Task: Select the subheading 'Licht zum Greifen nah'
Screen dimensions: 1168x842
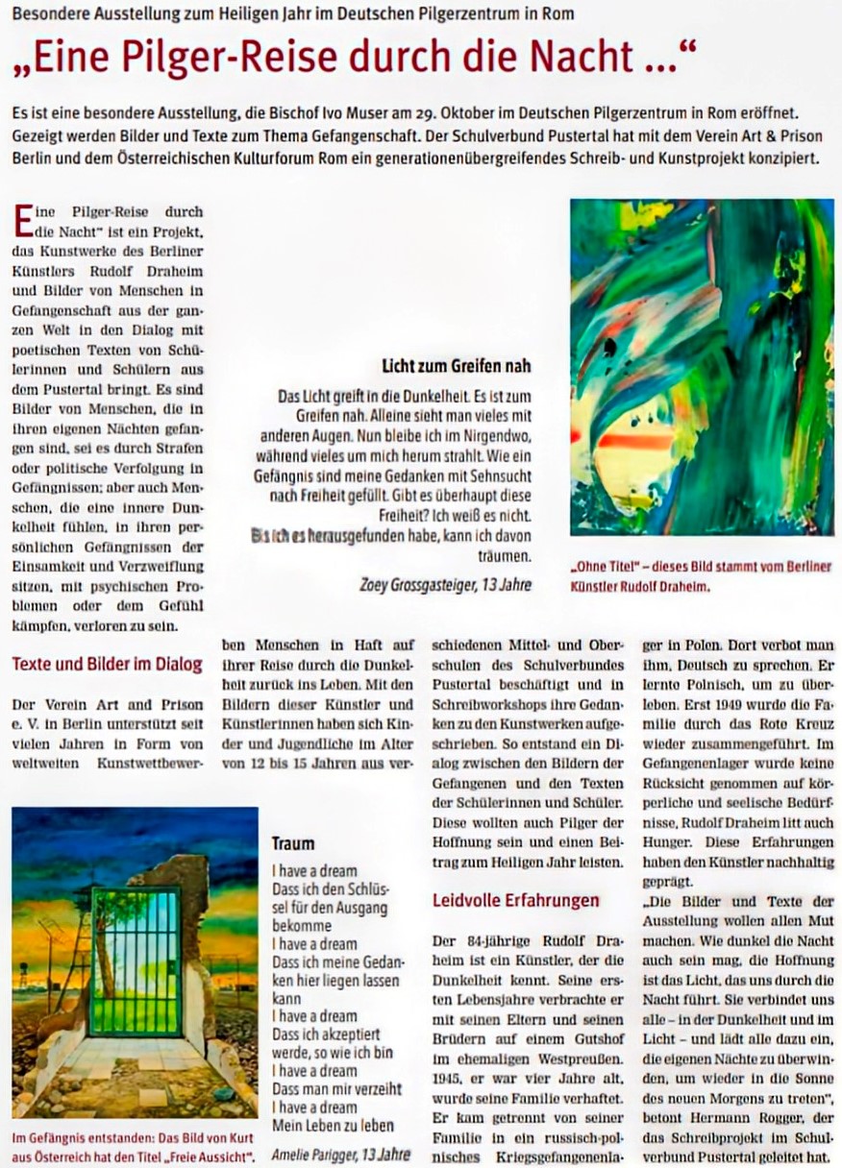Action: tap(456, 366)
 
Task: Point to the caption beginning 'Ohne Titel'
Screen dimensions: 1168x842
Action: tap(701, 574)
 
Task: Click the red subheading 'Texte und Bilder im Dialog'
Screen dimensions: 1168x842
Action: tap(107, 664)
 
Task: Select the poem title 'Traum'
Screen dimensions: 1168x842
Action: tap(292, 843)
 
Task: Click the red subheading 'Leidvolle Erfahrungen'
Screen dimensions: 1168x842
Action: tap(515, 901)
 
